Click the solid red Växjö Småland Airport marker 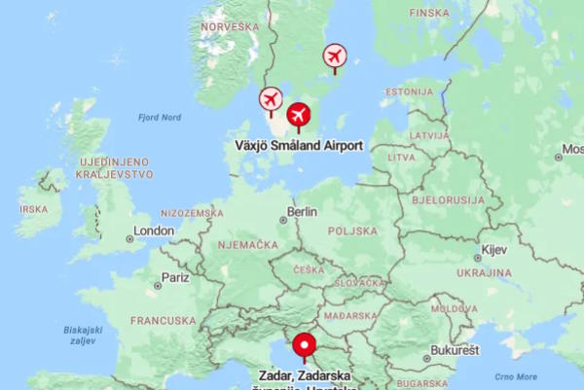point(299,116)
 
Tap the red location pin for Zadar point(306,346)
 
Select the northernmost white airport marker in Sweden point(335,56)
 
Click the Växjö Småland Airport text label point(299,146)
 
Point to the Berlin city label point(303,211)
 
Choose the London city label point(155,231)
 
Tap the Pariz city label point(175,277)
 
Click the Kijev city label point(494,250)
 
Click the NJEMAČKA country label point(250,246)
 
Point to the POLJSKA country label point(352,231)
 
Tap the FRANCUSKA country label point(164,320)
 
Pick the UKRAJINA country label point(484,273)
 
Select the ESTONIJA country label point(409,91)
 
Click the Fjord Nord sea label point(160,118)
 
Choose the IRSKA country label point(34,209)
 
